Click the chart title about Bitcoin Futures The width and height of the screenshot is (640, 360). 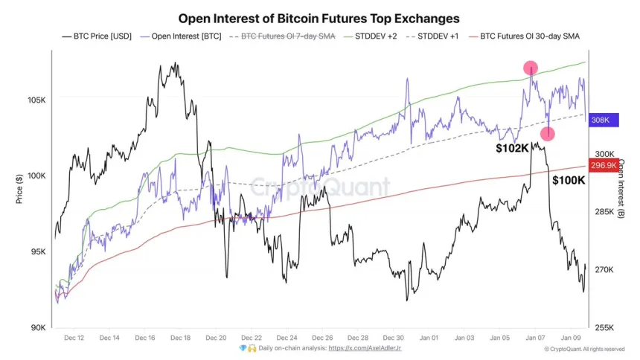[x=319, y=18]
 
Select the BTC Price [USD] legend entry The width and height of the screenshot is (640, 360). [x=97, y=36]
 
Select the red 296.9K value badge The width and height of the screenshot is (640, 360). [x=603, y=164]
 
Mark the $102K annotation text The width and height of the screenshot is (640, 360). [x=513, y=148]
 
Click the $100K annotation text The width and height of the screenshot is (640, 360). [x=569, y=179]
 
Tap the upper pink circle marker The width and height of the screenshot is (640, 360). [x=531, y=68]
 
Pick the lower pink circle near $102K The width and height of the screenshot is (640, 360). [x=548, y=134]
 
